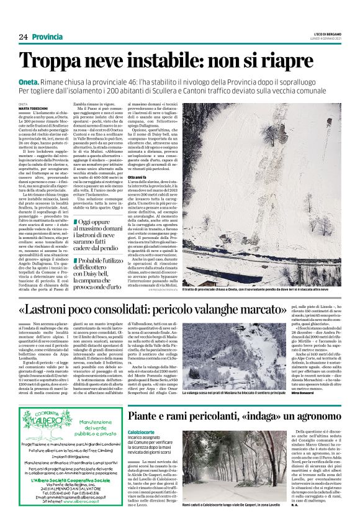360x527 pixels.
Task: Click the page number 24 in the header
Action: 23,37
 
